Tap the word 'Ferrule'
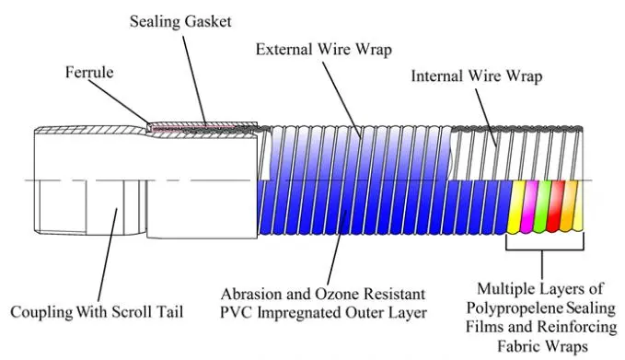[x=88, y=71]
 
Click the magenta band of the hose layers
[x=530, y=206]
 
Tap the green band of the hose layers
[x=543, y=206]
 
